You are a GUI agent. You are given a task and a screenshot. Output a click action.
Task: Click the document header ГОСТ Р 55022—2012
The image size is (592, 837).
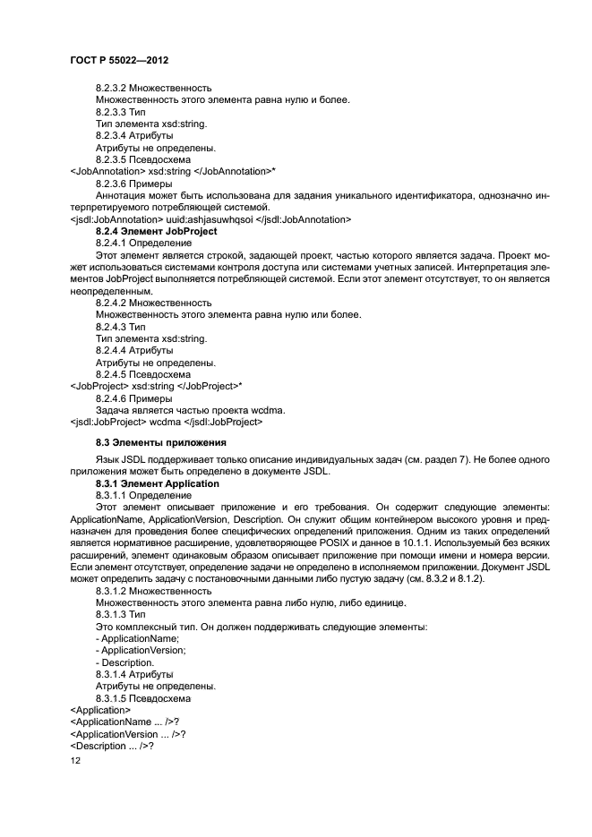119,58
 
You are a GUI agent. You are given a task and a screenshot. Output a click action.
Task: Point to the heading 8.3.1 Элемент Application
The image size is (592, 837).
157,483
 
